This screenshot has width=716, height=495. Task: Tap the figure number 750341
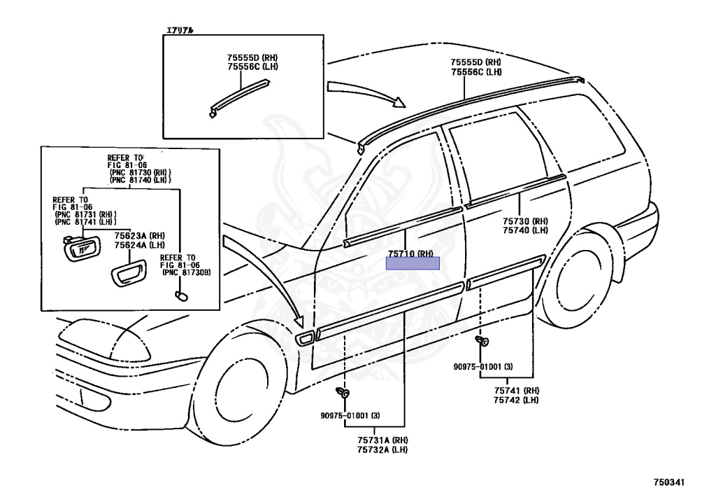[668, 482]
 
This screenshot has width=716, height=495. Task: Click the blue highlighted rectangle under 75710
[413, 263]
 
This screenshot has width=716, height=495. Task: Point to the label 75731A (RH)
[382, 440]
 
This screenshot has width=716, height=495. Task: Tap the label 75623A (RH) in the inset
[139, 236]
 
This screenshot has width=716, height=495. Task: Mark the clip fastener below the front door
[342, 394]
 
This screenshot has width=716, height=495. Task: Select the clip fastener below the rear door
[482, 342]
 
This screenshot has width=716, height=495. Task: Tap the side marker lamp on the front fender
[305, 340]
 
